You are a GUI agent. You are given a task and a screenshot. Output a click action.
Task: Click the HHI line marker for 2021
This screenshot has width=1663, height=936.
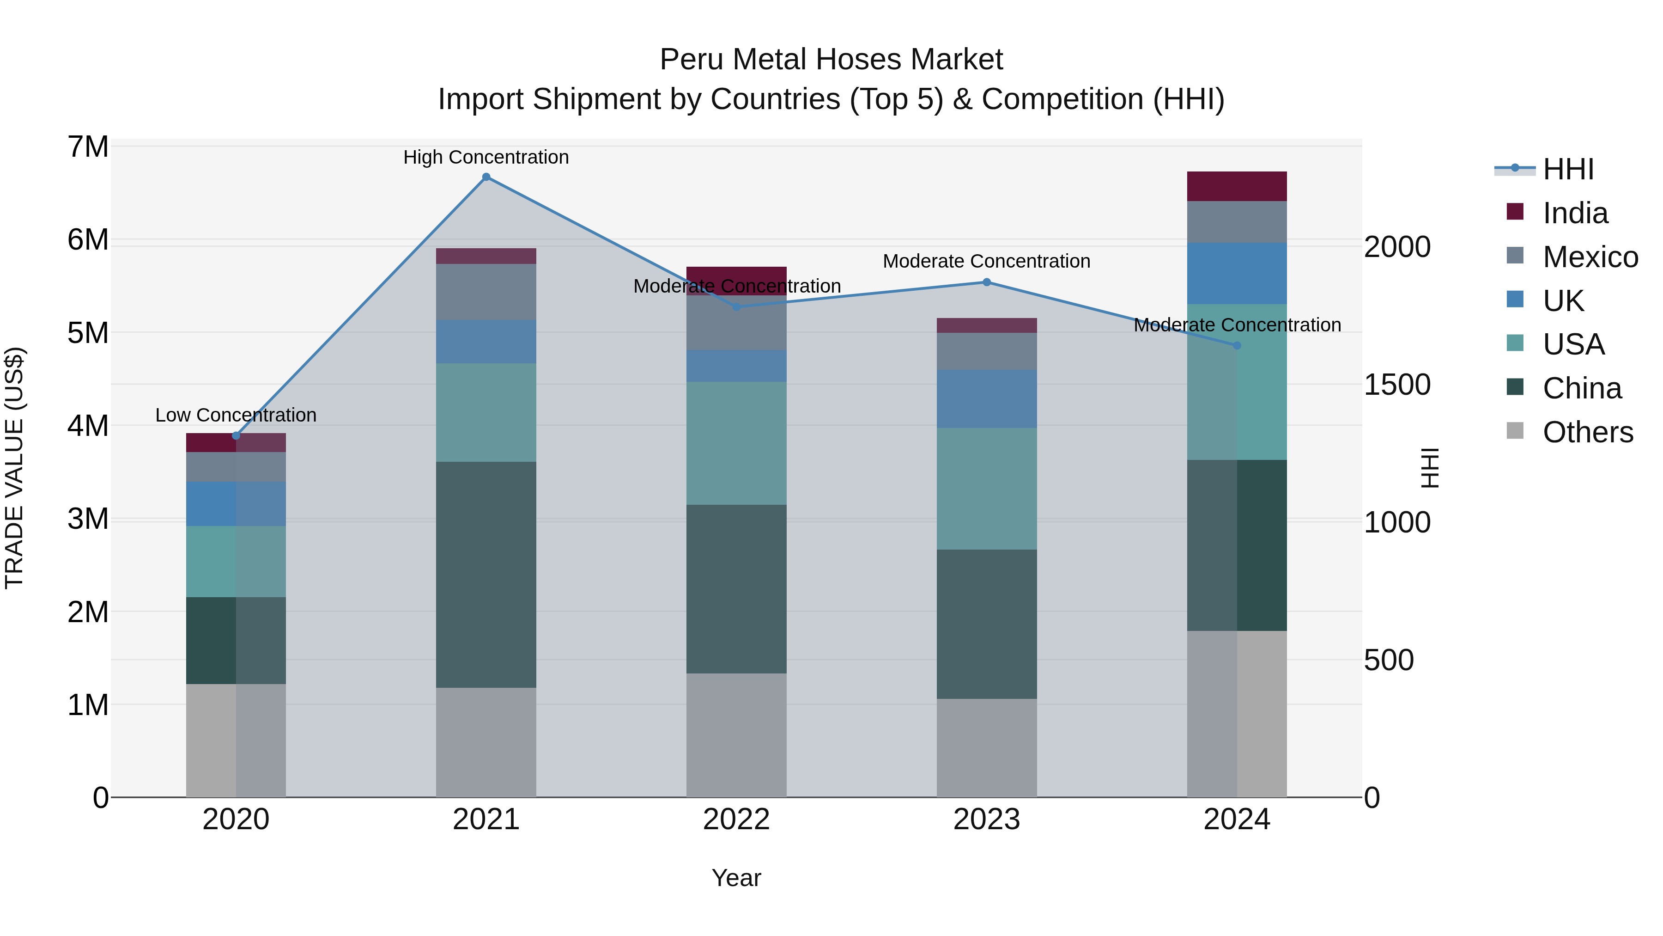486,177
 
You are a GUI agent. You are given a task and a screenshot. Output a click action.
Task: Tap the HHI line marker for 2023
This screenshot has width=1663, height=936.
986,282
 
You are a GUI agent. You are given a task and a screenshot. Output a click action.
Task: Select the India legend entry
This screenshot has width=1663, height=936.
1575,213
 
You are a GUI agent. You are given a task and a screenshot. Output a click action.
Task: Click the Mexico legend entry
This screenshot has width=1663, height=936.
1590,257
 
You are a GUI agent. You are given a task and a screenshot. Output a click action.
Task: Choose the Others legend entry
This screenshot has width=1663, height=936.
1587,432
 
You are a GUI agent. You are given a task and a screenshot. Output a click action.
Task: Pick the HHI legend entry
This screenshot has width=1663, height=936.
1567,169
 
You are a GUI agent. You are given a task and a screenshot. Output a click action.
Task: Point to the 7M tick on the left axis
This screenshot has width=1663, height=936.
88,147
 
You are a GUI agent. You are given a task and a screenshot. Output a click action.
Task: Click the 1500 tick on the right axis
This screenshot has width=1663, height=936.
1396,385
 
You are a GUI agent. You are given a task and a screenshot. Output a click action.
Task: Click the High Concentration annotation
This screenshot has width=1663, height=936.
486,157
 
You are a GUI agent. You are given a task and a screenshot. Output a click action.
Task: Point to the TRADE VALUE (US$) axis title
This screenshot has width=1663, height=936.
14,468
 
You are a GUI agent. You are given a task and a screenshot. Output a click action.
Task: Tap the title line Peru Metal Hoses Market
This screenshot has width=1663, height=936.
831,60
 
